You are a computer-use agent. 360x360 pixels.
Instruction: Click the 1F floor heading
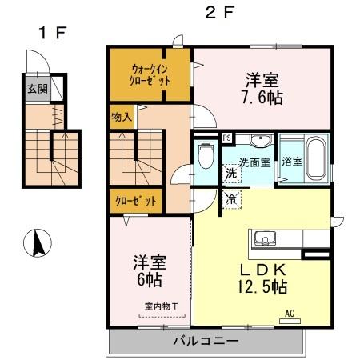coord(51,33)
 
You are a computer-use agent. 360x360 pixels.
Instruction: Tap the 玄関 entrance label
coord(37,88)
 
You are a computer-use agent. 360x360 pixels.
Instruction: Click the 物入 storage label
coord(122,117)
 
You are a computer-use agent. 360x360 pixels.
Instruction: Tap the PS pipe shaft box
coord(227,138)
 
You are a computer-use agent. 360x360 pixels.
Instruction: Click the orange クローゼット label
coord(134,201)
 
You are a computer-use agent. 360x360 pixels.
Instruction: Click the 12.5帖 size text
coord(261,286)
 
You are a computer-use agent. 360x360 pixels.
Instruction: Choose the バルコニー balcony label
coord(205,342)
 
